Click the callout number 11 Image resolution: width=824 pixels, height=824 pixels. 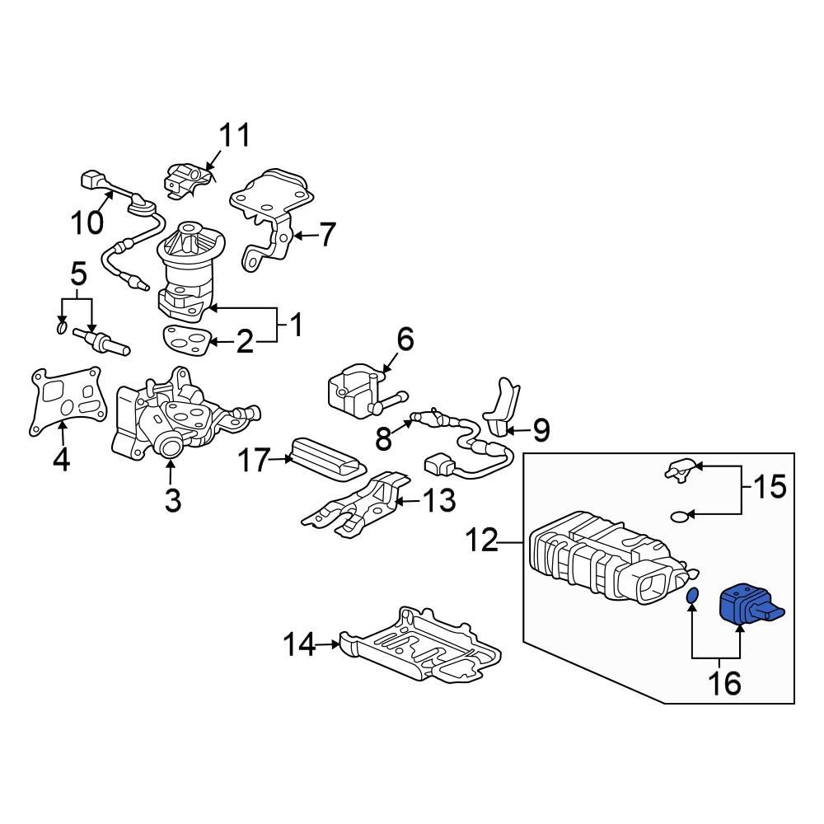coord(233,135)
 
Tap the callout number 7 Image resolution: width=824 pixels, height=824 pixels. coord(327,236)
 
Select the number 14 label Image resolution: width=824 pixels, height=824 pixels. coord(301,644)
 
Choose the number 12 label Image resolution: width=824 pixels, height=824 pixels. coord(481,541)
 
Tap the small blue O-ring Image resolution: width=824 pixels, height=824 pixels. coord(693,596)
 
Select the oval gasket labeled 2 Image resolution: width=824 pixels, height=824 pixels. coord(185,339)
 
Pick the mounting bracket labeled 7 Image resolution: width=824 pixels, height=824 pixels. coord(272,214)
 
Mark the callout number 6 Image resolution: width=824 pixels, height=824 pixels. coord(405,339)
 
